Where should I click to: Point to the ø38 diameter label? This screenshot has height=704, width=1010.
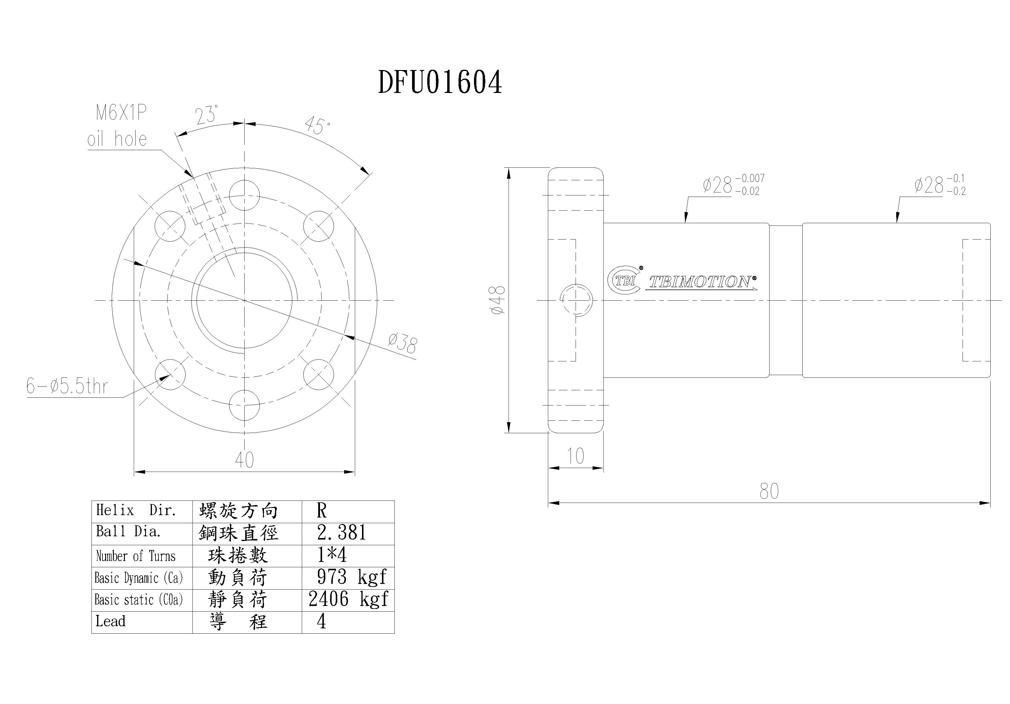pos(403,343)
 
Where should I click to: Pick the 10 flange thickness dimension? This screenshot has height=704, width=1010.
pos(575,456)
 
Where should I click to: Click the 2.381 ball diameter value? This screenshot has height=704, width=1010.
pos(341,533)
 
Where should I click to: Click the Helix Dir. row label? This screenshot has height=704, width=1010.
pos(136,510)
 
